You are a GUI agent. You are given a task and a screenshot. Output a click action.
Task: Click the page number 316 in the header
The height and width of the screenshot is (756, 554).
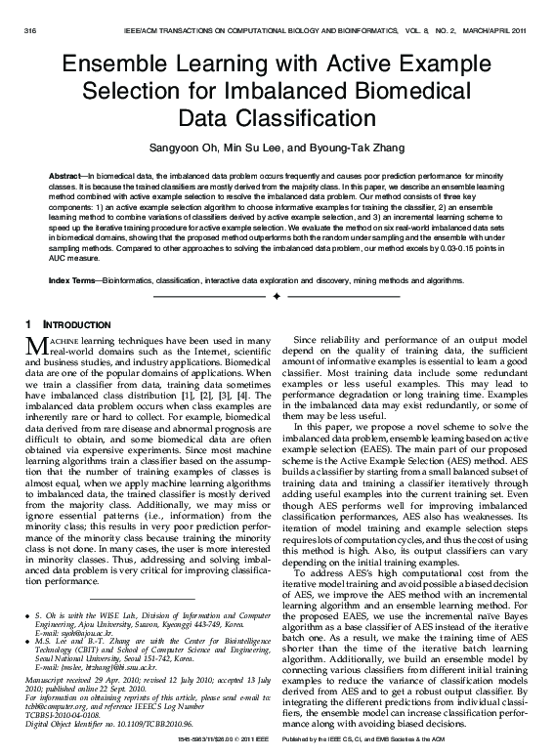[x=28, y=31]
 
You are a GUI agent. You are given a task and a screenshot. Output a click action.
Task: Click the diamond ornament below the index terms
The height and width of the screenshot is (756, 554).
[x=277, y=295]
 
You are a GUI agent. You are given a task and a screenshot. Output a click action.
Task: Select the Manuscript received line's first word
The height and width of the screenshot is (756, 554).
[x=43, y=678]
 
